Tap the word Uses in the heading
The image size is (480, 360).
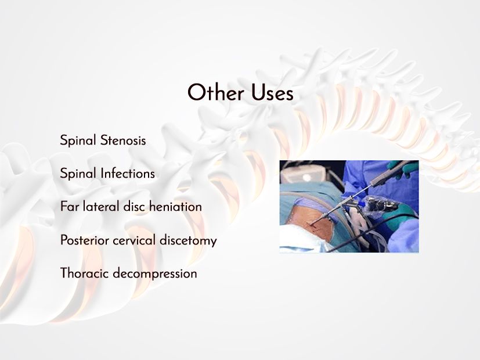(272, 93)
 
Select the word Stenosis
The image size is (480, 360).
(123, 141)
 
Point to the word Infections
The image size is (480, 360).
(128, 174)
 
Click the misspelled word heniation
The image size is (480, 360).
(175, 207)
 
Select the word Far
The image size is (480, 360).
(70, 207)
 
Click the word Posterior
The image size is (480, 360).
(85, 240)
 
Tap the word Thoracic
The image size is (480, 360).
(85, 273)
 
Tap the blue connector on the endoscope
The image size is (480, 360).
(361, 204)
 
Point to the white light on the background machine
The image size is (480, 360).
(306, 177)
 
